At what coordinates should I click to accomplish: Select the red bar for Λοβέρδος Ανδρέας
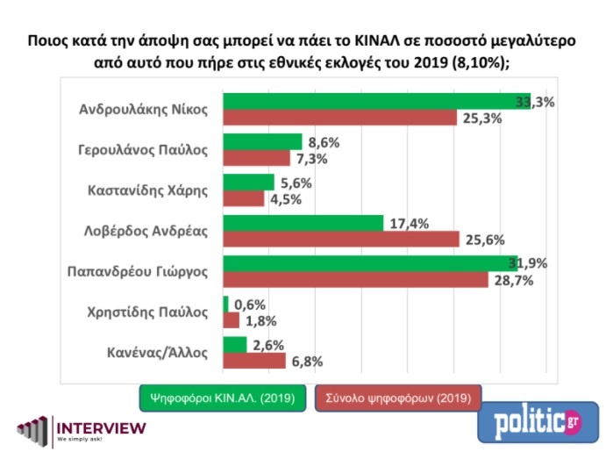point(340,239)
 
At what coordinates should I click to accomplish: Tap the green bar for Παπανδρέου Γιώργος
point(369,263)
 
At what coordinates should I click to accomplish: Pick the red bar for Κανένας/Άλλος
point(254,361)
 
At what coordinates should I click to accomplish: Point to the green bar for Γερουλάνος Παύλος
point(262,142)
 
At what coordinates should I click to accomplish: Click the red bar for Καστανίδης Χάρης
point(244,198)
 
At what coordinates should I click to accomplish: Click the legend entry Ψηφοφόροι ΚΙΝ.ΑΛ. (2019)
point(223,397)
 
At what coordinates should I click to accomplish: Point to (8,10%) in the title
point(476,63)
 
